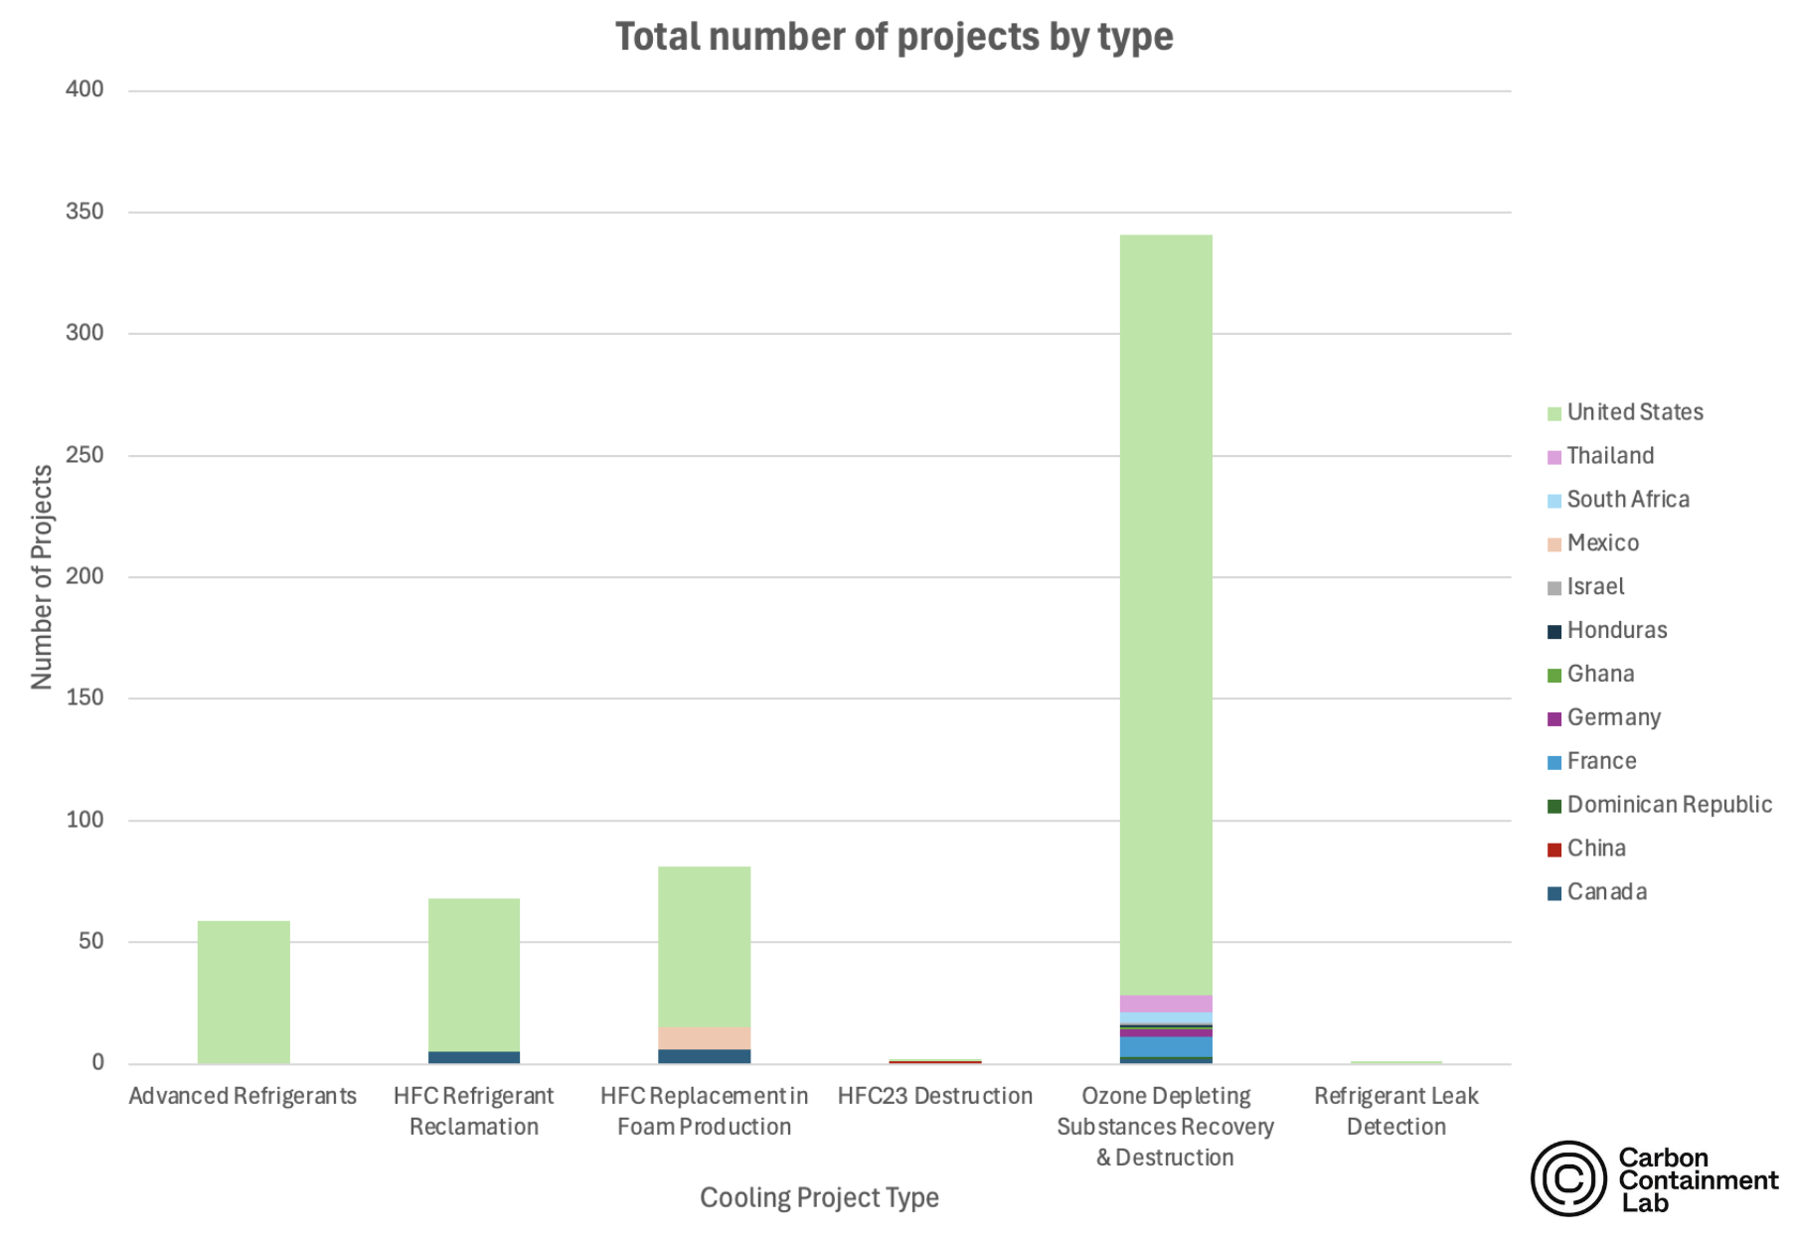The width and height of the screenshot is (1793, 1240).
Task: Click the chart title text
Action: [894, 37]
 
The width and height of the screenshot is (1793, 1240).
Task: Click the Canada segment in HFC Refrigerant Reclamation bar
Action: [474, 1057]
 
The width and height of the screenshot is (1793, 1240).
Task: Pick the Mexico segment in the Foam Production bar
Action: [704, 1038]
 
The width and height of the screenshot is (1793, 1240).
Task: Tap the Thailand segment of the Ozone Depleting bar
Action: [1166, 1004]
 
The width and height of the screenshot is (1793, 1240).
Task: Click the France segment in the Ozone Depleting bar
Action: [1166, 1046]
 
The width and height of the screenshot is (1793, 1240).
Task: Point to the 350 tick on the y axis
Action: [84, 212]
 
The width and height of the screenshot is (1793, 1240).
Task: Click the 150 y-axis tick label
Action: [84, 697]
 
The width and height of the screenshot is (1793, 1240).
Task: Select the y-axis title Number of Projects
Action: [42, 576]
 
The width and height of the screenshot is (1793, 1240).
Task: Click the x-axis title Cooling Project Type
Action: [819, 1197]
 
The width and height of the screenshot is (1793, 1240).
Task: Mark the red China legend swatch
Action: [1554, 850]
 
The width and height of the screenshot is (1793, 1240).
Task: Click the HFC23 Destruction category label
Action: [934, 1096]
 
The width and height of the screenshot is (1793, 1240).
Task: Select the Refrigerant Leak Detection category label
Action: [1395, 1111]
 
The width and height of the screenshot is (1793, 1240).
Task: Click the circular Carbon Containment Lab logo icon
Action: [1568, 1178]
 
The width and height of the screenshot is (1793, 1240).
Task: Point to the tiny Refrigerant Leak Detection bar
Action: [1395, 1062]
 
